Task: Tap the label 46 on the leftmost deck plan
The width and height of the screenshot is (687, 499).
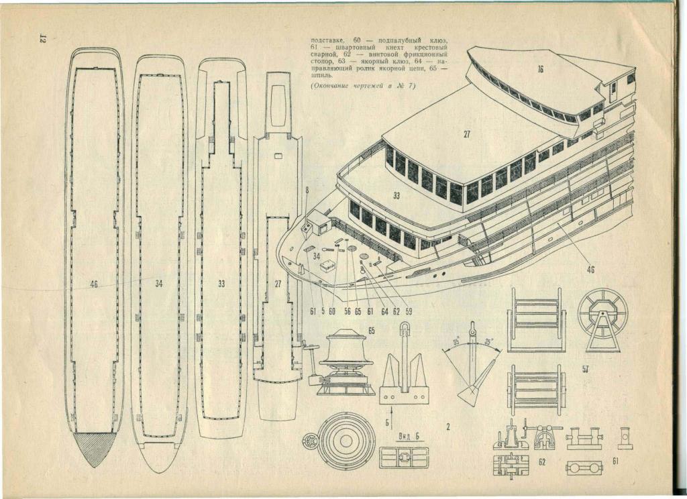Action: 94,284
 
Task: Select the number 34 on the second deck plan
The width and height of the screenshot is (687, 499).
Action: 158,284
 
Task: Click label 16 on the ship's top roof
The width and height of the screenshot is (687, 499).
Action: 539,70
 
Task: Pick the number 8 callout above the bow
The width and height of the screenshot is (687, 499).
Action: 307,191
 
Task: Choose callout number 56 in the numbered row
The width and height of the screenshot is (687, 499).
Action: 347,311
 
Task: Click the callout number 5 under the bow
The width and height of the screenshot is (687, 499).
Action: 322,311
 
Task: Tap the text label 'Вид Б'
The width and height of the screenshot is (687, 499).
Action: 403,437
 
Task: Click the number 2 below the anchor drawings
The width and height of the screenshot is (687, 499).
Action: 447,426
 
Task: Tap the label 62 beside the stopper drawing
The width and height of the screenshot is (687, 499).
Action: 542,462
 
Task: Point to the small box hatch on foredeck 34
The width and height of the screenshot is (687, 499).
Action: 327,266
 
